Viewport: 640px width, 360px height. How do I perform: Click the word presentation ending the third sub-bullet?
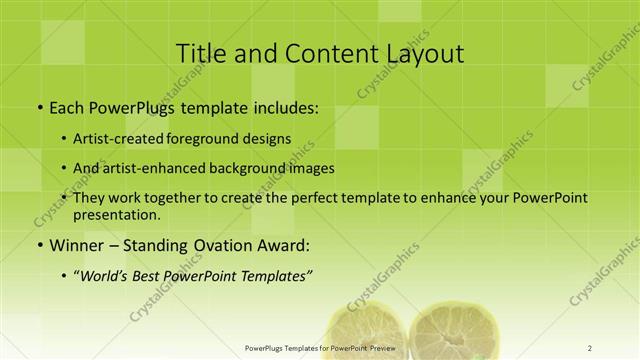click(x=116, y=214)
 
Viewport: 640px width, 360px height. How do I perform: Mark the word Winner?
click(x=72, y=245)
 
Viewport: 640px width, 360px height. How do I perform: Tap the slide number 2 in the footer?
click(x=590, y=348)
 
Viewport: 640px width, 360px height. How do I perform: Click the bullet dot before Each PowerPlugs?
click(x=38, y=108)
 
